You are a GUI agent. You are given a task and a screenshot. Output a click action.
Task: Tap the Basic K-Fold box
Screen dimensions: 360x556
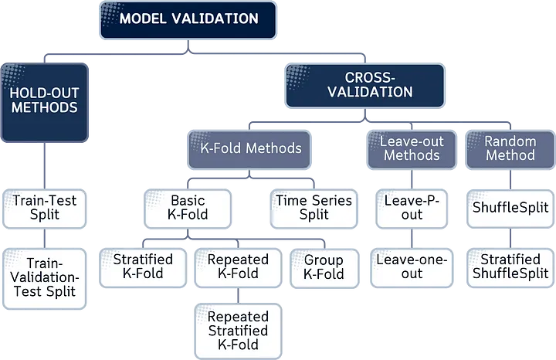click(x=188, y=207)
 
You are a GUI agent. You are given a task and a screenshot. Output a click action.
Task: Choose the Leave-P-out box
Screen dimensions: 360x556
click(x=412, y=207)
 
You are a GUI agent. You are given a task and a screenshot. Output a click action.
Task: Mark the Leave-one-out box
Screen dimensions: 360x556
click(x=412, y=267)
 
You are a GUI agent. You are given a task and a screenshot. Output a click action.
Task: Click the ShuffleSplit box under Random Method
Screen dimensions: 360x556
click(x=510, y=207)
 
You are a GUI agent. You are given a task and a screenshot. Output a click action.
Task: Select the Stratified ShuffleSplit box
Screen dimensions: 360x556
click(x=510, y=267)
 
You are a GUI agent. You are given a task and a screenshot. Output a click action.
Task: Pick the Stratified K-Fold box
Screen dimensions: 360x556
click(x=144, y=267)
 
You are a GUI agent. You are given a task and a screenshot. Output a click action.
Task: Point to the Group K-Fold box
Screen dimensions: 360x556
click(x=324, y=267)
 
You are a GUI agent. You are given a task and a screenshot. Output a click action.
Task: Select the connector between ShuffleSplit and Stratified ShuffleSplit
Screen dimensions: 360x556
click(x=510, y=237)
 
